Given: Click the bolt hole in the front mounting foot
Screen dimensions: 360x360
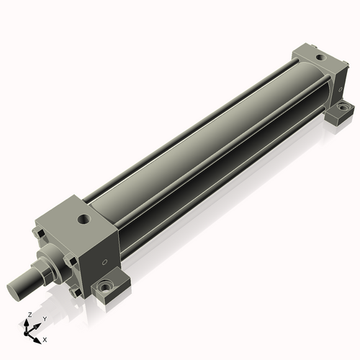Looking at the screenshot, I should (x=107, y=286).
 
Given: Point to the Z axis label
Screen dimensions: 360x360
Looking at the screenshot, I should (x=29, y=315).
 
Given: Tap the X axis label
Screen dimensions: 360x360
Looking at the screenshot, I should (x=45, y=338).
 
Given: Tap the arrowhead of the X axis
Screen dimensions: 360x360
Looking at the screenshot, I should (x=38, y=337).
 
